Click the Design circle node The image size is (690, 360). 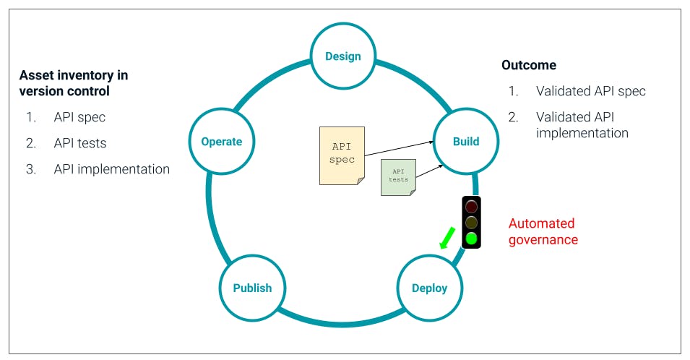tap(342, 56)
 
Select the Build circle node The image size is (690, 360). tap(465, 141)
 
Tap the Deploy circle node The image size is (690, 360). tap(429, 288)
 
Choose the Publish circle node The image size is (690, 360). tap(252, 288)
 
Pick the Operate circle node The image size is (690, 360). tap(221, 141)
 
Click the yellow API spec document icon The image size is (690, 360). tap(342, 155)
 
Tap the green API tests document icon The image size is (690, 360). tap(398, 176)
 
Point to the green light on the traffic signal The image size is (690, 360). tap(471, 238)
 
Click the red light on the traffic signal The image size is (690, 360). tap(471, 207)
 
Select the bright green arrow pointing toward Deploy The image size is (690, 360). tap(448, 237)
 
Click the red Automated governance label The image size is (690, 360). tap(543, 231)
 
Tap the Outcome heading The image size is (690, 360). tap(529, 65)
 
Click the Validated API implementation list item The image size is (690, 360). tap(582, 124)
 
